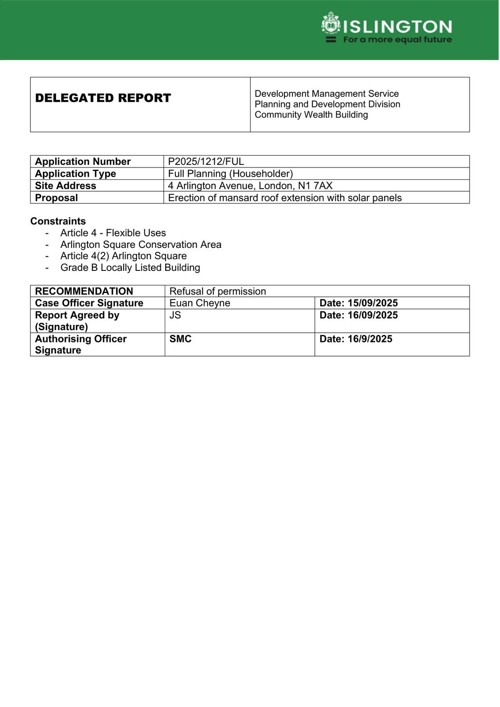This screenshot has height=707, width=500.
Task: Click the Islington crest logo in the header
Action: (x=330, y=23)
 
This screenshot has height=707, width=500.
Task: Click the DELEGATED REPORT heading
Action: (x=103, y=98)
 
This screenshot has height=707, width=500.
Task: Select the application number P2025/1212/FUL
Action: (x=206, y=162)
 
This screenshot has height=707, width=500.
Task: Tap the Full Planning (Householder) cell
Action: (x=230, y=174)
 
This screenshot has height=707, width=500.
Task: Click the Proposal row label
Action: (x=56, y=198)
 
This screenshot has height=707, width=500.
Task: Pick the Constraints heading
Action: (x=58, y=221)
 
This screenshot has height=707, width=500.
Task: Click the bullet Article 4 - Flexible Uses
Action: (x=113, y=233)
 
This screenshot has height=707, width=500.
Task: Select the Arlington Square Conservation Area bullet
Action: (x=141, y=245)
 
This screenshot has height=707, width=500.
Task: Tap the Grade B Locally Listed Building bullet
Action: (x=130, y=268)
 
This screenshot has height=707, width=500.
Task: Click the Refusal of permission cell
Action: (x=218, y=292)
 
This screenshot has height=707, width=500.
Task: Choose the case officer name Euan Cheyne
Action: (x=200, y=303)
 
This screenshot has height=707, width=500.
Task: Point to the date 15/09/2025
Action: (x=372, y=303)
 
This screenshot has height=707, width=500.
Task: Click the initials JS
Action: (x=175, y=315)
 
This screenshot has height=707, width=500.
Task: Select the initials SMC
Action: (x=180, y=339)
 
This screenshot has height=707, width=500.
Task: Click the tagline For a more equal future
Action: (x=398, y=40)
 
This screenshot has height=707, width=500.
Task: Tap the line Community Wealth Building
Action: (x=311, y=115)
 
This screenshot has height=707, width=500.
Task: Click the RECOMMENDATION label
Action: (x=84, y=292)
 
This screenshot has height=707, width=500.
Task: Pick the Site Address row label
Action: (x=65, y=186)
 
